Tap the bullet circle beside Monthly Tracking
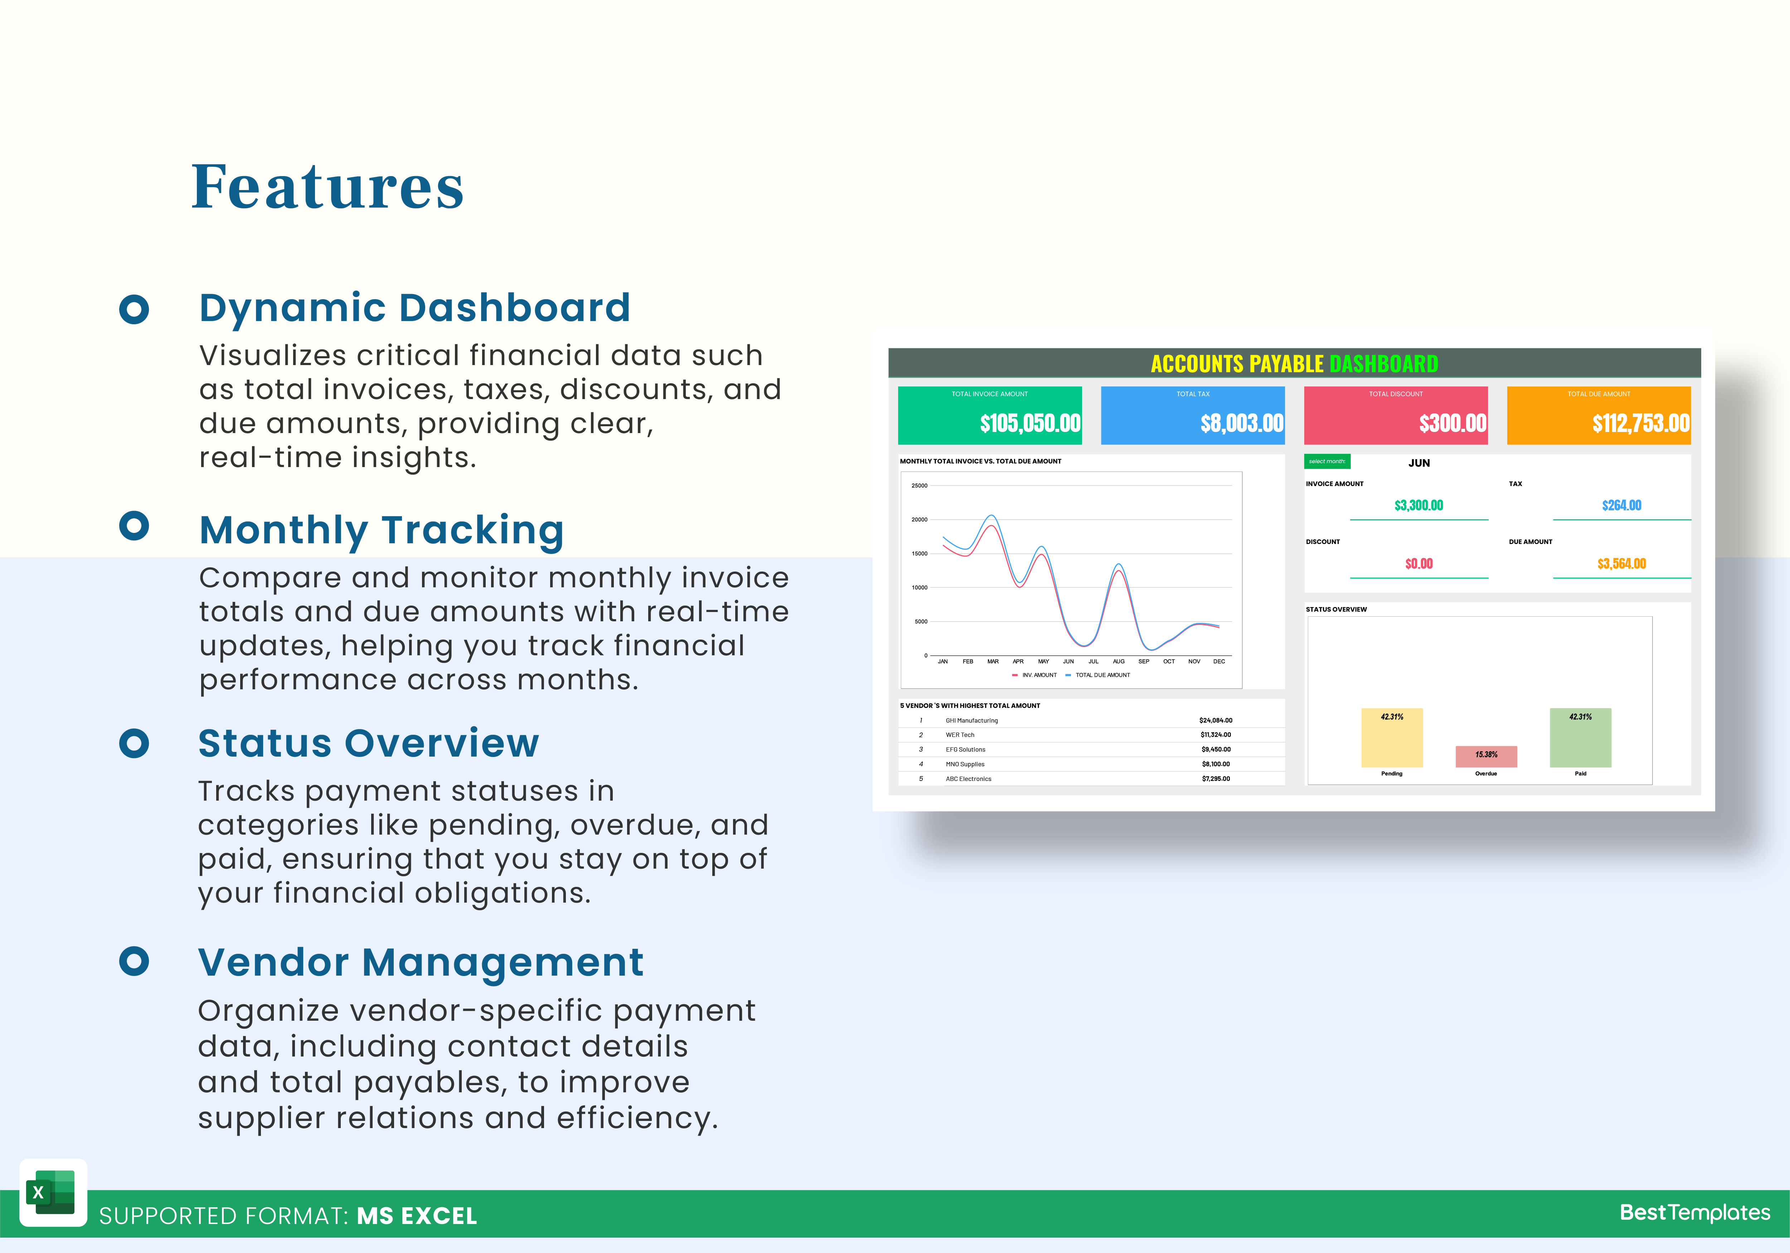134,525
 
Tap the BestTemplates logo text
1695,1213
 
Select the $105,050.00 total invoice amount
1030,423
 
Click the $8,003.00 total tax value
1242,423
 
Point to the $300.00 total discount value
1452,423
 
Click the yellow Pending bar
1392,738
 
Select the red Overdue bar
1486,756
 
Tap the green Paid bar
1580,738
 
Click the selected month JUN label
1419,463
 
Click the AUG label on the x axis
1119,661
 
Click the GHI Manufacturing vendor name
971,720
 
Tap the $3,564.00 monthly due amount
1622,564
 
